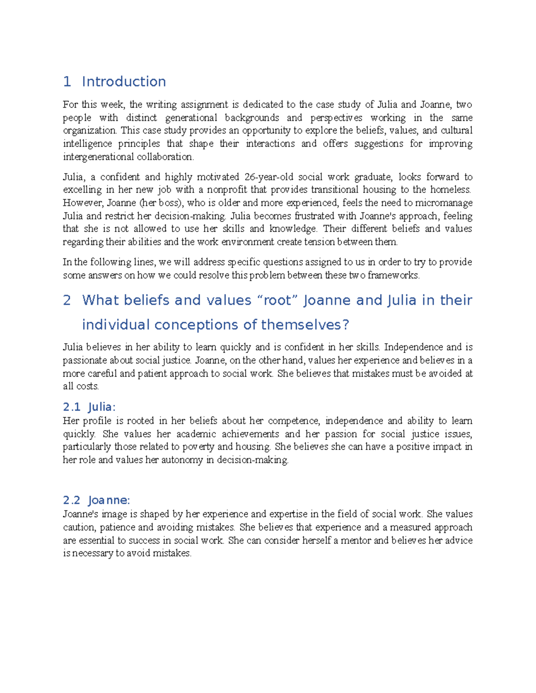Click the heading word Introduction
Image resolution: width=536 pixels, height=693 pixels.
(124, 82)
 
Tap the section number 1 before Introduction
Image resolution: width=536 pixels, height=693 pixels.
(67, 82)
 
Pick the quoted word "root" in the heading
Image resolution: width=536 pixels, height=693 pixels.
(277, 300)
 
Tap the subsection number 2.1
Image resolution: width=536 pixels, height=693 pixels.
(71, 407)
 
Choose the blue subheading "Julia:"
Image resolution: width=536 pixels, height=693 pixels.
(102, 407)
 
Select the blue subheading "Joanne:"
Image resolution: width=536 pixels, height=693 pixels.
(109, 500)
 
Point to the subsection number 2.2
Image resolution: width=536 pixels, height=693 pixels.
(71, 500)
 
